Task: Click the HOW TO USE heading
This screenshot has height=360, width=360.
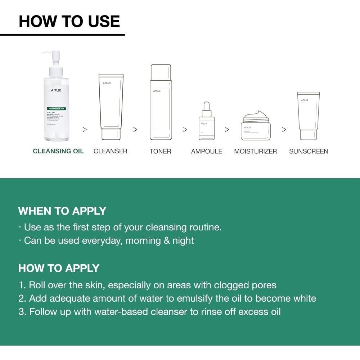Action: tap(69, 21)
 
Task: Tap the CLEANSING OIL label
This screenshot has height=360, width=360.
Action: tap(58, 151)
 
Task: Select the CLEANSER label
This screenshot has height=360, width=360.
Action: tap(111, 151)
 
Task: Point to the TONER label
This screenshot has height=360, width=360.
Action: tap(160, 151)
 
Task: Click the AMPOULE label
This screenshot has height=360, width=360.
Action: tap(207, 151)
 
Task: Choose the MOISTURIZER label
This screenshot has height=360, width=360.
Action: tap(256, 151)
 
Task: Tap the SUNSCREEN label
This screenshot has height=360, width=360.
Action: tap(309, 151)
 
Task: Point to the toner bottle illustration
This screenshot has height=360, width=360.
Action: tap(161, 103)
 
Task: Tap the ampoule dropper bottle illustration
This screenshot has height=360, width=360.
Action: tap(206, 122)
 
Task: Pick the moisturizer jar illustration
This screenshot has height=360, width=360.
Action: tap(256, 128)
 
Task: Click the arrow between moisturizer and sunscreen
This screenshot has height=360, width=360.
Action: tap(284, 130)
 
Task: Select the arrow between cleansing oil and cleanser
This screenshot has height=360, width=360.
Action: tap(85, 130)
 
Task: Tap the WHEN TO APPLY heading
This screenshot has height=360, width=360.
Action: tap(62, 211)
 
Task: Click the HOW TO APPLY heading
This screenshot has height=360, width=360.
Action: tap(59, 268)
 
